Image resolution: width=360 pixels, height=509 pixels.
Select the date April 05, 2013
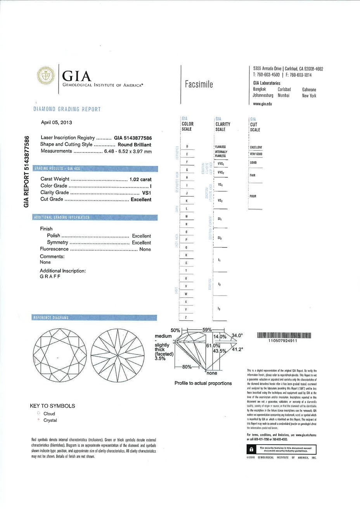(57, 122)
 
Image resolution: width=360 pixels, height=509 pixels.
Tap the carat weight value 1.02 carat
(140, 179)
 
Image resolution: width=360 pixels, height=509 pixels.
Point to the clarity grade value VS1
(147, 192)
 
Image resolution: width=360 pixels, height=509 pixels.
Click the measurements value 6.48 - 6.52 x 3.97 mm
(128, 151)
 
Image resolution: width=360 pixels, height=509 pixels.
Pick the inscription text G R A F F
(50, 277)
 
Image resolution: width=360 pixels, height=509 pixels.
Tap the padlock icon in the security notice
(251, 449)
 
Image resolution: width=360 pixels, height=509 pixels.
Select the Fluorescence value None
(145, 249)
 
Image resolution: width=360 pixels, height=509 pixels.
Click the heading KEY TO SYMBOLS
(52, 406)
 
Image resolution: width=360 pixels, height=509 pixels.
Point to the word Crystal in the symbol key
(50, 420)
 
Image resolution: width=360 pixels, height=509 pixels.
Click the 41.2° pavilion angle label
(237, 349)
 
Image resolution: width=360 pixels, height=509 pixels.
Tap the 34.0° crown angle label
(237, 335)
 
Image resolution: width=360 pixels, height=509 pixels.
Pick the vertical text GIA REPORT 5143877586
(27, 171)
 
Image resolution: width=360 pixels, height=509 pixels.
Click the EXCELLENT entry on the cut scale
(256, 147)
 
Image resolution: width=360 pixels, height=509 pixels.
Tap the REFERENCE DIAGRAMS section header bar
(50, 318)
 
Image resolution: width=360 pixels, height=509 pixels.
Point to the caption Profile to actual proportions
(203, 383)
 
